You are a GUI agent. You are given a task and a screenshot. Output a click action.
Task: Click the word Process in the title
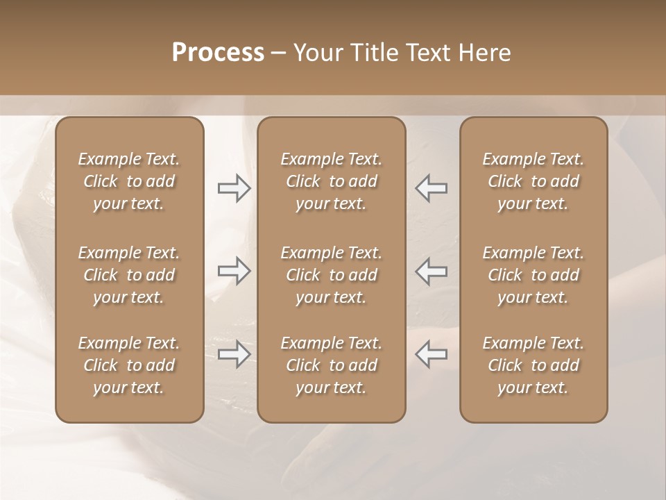coord(218,53)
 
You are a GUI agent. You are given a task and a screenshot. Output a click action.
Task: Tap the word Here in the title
coord(485,53)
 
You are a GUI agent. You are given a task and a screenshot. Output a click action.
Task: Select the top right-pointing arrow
coord(234,188)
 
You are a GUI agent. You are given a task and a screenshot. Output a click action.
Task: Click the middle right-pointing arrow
coord(234,270)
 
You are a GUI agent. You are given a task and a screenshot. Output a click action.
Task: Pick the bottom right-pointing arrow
coord(234,354)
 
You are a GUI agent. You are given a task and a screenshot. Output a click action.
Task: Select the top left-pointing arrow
coord(431,188)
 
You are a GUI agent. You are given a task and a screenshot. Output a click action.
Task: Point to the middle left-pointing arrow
coord(431,270)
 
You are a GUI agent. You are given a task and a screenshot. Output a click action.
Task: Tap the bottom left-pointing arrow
coord(431,354)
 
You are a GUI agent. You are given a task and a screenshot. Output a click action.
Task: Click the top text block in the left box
coord(129,181)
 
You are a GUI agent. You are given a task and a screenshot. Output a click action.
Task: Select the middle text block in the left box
coord(129,275)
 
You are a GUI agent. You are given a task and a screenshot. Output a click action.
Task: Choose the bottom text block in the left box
coord(129,365)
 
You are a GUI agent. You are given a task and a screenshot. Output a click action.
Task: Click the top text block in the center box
coord(332,181)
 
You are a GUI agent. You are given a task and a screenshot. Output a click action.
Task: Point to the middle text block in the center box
coord(332,275)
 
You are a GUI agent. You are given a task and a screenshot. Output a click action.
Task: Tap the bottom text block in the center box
coord(332,365)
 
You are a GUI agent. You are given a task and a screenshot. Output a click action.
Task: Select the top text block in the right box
coord(533,181)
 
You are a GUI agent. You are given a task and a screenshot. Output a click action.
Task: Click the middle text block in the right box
coord(533,275)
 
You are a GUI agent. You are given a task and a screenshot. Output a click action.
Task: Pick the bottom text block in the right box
coord(533,365)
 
